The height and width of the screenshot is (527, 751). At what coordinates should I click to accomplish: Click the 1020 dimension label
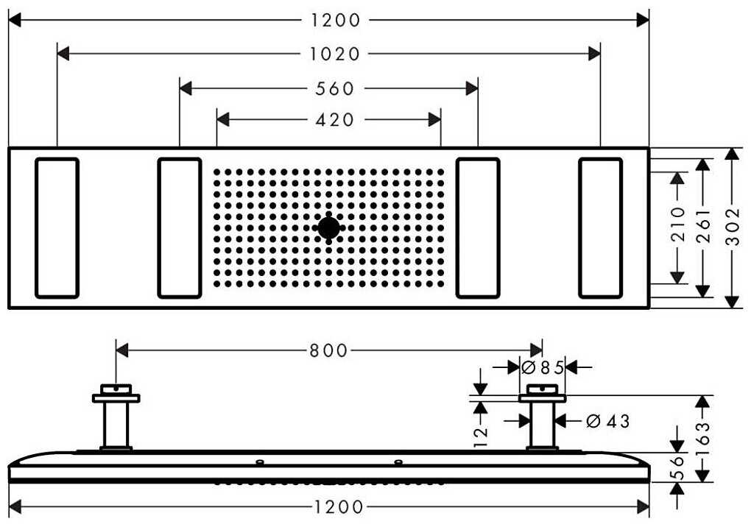(x=335, y=54)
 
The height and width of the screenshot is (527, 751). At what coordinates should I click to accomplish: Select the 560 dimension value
(x=335, y=88)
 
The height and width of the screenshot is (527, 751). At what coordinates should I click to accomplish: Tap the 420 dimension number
(x=335, y=120)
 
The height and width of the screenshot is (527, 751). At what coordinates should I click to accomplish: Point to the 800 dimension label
(x=328, y=350)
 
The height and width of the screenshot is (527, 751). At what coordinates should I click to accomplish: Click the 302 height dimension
(x=733, y=227)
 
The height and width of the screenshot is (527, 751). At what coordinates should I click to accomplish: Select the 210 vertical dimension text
(x=677, y=224)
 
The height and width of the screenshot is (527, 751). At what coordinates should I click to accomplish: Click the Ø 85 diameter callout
(x=542, y=367)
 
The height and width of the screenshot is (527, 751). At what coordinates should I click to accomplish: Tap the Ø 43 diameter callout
(x=607, y=421)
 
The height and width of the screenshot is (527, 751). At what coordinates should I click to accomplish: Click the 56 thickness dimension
(x=678, y=467)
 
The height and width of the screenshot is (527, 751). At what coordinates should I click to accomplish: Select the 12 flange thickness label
(x=480, y=435)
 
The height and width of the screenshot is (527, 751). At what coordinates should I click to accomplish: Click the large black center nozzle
(x=328, y=228)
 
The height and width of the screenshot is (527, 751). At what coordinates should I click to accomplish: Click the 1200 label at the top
(x=335, y=20)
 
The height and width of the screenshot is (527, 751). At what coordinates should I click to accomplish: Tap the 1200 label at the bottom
(x=338, y=506)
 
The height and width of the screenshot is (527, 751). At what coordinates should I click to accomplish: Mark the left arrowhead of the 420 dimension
(x=222, y=119)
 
